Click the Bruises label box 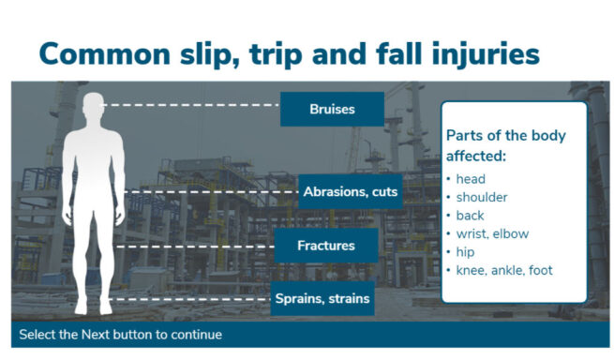click(332, 109)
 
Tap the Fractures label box click(325, 246)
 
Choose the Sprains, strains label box click(322, 299)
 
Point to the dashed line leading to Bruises click(192, 106)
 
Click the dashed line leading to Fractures click(197, 247)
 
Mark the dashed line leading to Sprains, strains click(187, 300)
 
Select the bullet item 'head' click(471, 179)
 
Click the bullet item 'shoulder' click(481, 197)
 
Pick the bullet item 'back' click(470, 216)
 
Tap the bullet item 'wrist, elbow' click(492, 233)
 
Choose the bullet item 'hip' click(465, 252)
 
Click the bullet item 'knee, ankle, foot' click(503, 270)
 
